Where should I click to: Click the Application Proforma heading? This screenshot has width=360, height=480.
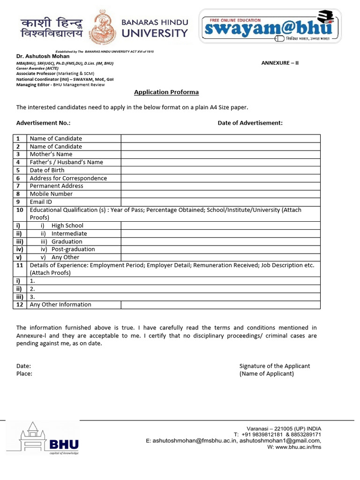pos(166,92)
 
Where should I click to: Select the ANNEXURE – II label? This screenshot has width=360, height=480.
pos(280,63)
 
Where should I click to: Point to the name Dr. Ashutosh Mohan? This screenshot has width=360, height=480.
pos(43,56)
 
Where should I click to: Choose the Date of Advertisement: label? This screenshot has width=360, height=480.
pos(250,123)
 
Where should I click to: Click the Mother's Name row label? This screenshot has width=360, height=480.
pos(51,154)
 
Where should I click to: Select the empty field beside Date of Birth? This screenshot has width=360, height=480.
pos(220,170)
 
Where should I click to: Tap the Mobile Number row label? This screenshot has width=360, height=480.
pos(51,194)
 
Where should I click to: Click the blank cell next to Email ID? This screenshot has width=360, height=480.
pos(220,202)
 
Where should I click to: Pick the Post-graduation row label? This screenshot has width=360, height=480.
pos(73,249)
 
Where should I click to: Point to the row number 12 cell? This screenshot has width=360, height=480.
pos(20,305)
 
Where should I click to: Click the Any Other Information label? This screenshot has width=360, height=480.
pos(60,305)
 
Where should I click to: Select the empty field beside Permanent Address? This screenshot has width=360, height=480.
pos(220,186)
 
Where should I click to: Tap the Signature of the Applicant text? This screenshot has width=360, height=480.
pos(274,366)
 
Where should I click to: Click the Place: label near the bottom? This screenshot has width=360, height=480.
pos(24,374)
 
